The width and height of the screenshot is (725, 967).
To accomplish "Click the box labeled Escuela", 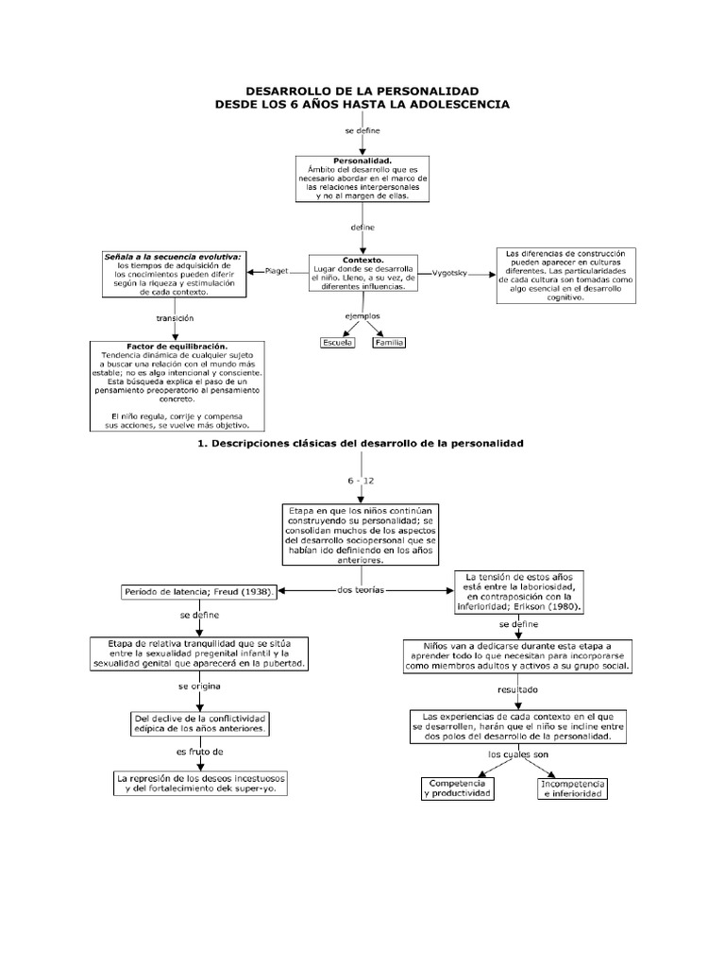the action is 338,343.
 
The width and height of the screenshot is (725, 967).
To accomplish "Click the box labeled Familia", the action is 389,343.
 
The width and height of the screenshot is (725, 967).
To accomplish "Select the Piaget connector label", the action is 277,271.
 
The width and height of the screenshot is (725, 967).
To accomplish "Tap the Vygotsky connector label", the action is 449,273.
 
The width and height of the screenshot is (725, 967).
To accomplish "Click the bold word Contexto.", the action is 363,261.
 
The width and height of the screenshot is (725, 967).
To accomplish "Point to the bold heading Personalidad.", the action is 362,161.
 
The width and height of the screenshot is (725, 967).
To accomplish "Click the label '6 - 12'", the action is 361,481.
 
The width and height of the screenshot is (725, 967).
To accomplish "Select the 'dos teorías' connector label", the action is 361,590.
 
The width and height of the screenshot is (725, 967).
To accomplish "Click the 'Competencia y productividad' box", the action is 458,789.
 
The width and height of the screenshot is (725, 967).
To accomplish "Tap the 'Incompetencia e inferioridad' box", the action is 573,789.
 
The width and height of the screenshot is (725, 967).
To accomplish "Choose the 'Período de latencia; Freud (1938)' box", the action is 198,592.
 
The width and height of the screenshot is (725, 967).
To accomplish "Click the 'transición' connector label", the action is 175,319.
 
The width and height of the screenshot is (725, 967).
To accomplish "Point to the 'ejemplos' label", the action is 362,316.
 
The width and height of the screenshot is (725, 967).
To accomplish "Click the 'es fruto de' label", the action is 200,753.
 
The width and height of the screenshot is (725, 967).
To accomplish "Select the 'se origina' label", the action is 199,687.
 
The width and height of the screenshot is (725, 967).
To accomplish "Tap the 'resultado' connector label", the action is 518,690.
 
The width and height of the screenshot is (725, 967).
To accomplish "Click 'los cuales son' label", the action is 518,755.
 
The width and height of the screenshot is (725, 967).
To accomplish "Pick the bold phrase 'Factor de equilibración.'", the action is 177,347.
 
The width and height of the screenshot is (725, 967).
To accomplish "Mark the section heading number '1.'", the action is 202,444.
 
